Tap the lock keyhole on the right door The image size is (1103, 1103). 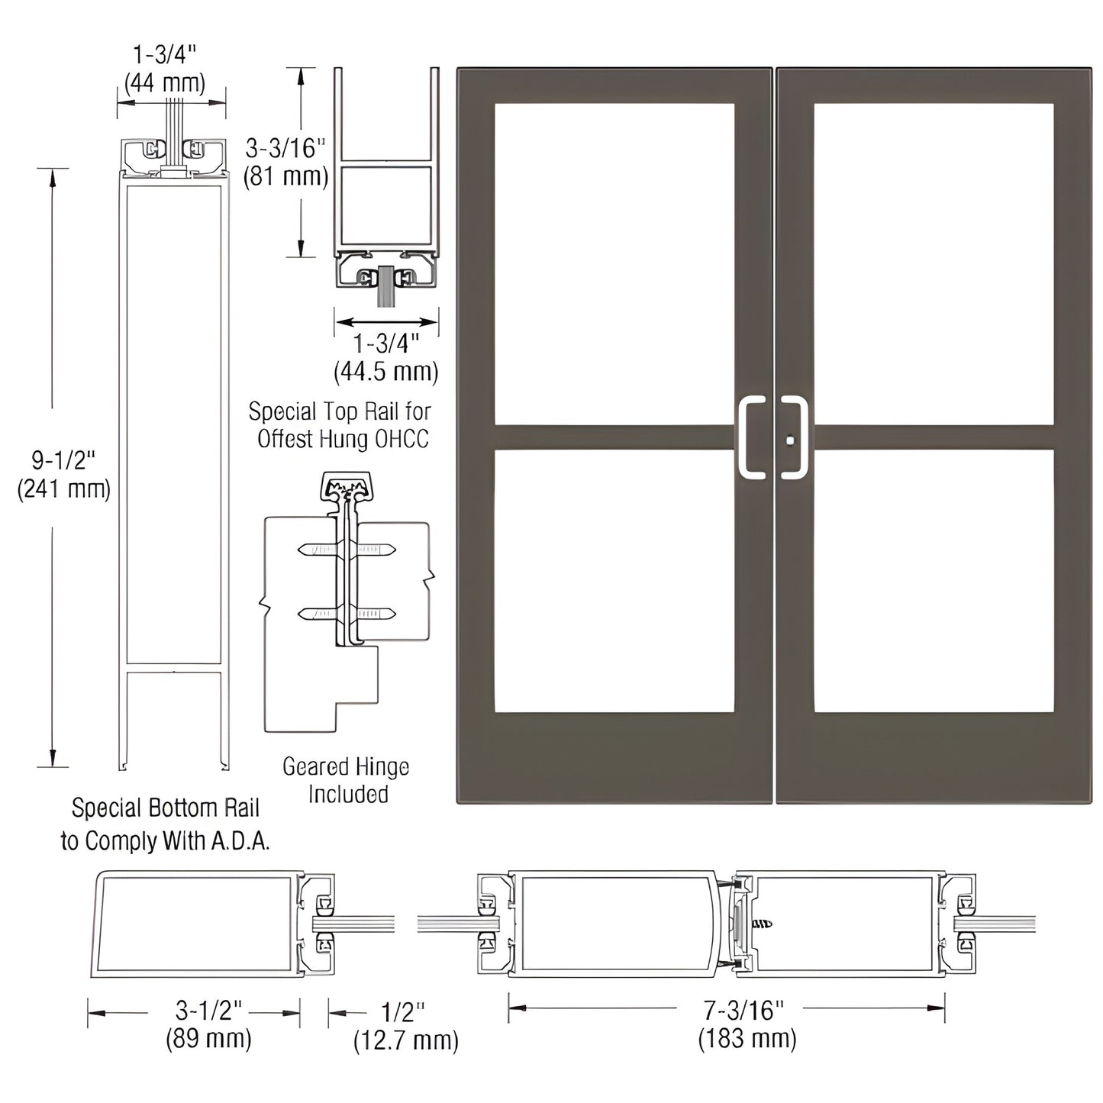coord(789,440)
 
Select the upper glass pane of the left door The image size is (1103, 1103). coord(614,263)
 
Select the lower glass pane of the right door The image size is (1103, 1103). coord(934,581)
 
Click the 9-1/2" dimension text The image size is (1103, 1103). coord(63,460)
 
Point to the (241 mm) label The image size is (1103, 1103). coord(64,489)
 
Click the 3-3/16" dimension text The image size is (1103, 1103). coord(285,148)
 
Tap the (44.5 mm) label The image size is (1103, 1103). coord(386,372)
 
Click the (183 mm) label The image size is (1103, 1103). coord(747,1039)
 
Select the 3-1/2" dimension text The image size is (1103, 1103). coord(208,1011)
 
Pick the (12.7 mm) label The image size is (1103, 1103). coord(406,1040)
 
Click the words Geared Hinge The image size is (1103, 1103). coord(346,767)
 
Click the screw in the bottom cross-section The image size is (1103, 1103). coord(762,924)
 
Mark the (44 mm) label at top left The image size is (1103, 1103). coord(165,82)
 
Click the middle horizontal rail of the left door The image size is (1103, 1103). coord(614,437)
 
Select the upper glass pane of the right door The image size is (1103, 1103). coord(934,263)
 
